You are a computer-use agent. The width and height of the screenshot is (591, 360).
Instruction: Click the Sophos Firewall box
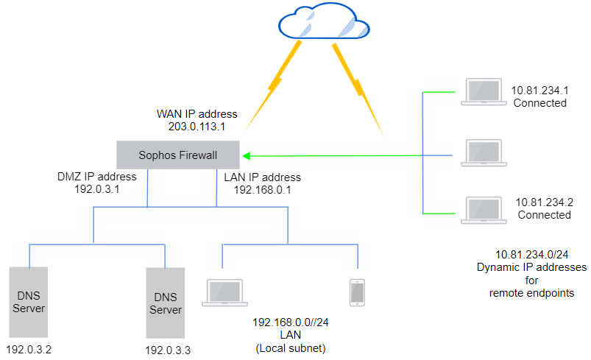178,155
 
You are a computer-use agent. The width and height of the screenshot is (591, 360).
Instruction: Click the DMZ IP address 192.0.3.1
96,188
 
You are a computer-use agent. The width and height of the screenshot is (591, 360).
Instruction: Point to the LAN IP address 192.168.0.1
262,188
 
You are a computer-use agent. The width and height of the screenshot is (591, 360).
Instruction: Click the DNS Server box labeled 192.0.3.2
29,301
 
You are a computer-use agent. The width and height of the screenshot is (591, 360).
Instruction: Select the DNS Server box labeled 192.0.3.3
165,301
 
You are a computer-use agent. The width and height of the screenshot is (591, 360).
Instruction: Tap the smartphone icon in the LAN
357,292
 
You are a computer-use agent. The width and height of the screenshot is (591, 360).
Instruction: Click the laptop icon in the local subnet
222,292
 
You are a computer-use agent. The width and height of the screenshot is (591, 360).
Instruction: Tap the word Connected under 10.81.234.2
544,215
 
